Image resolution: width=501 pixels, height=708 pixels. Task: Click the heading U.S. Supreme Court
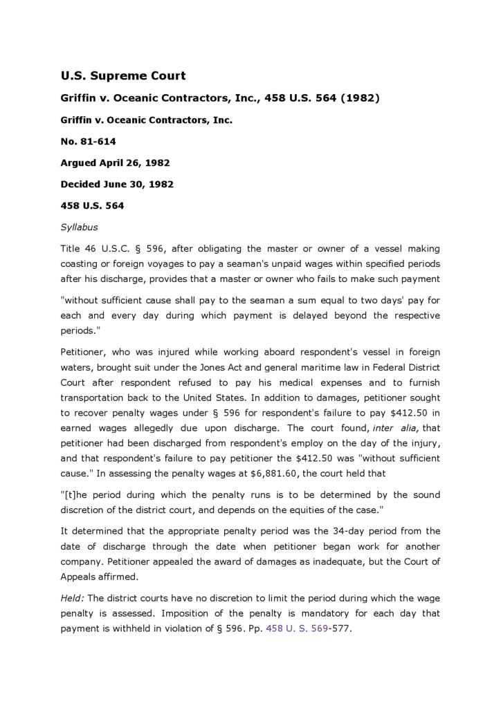click(122, 76)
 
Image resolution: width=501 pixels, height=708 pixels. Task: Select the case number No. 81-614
click(88, 142)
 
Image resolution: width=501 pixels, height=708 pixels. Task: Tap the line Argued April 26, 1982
click(115, 163)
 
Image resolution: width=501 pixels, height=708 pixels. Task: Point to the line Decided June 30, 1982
click(117, 185)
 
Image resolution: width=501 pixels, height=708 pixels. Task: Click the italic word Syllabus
click(79, 227)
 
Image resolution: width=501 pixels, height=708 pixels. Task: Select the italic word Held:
click(73, 597)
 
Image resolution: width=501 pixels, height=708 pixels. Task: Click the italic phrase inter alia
click(394, 428)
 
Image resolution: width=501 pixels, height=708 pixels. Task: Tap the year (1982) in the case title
click(360, 98)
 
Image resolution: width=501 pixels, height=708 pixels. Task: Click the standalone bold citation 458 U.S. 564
click(92, 206)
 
